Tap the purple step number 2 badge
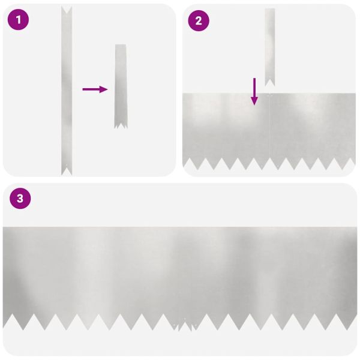tap(199, 21)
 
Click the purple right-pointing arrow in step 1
tap(95, 89)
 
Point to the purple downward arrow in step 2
tap(254, 91)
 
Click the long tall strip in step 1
tap(66, 90)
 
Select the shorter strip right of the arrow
tap(121, 84)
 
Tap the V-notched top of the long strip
tap(66, 11)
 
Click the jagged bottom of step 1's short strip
tap(121, 124)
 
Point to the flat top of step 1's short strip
tap(121, 46)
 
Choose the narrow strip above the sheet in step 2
tap(270, 45)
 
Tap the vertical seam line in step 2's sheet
tap(271, 126)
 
